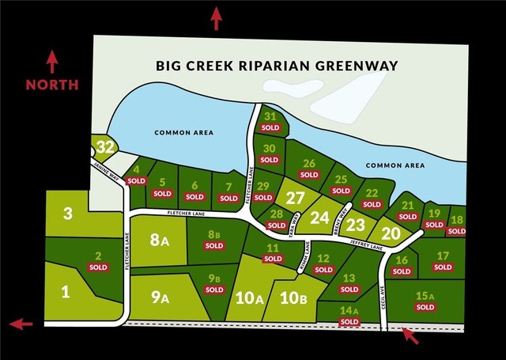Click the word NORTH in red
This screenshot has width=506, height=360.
[x=51, y=84]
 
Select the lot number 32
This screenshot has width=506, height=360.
[x=106, y=146]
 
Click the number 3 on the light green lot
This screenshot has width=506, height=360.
[x=68, y=213]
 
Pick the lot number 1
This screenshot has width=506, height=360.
[x=66, y=292]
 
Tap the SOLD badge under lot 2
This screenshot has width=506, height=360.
[x=99, y=267]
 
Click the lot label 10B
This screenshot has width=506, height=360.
[x=293, y=298]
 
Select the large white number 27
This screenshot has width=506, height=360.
[x=295, y=198]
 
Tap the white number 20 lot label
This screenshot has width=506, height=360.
[x=391, y=233]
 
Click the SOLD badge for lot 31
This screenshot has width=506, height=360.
[x=270, y=127]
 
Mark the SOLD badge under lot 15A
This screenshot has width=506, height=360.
[x=425, y=307]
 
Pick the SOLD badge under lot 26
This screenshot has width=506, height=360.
[x=311, y=176]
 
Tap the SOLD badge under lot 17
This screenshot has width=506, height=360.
[x=443, y=267]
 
